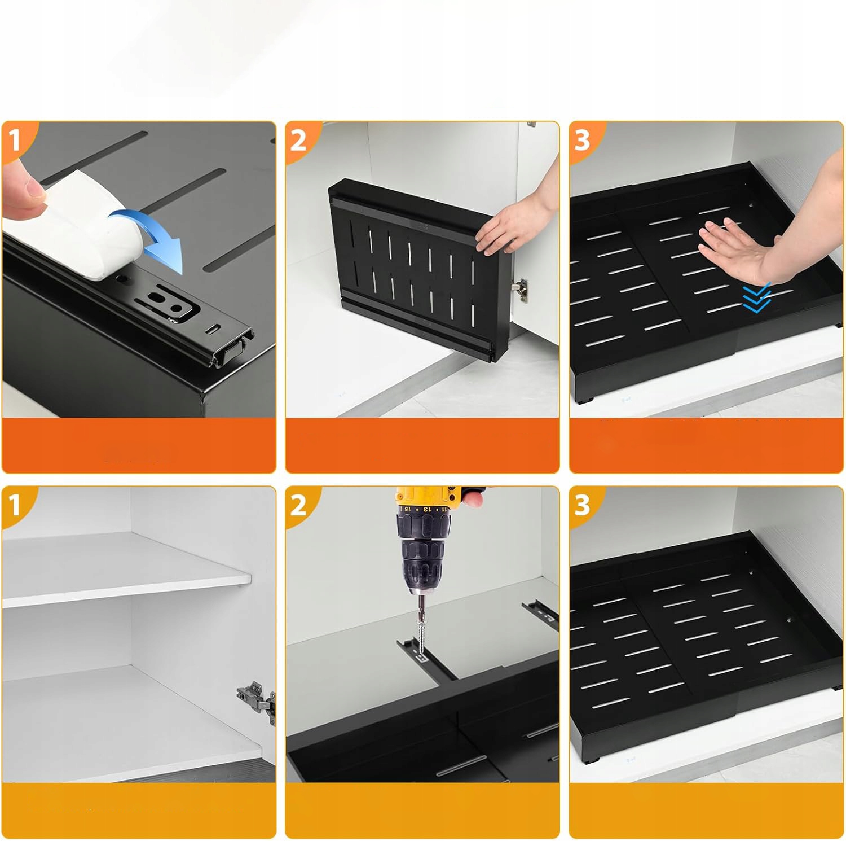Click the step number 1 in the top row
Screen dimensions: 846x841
tap(15, 139)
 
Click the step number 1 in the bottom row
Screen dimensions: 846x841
tap(15, 505)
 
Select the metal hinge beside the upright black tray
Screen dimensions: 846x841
tap(521, 288)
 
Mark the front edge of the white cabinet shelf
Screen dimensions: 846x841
tap(126, 593)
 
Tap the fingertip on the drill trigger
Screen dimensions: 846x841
tap(474, 497)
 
